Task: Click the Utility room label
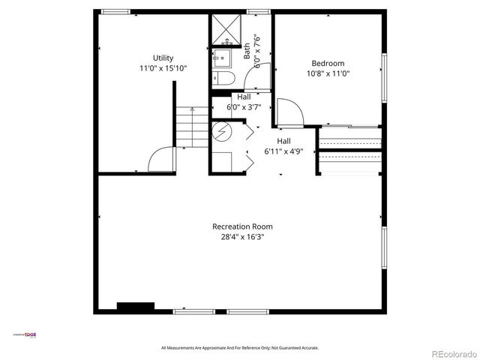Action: pos(163,58)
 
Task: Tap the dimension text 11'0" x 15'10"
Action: pos(163,68)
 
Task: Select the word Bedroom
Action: pos(328,63)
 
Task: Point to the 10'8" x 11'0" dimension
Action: pos(328,73)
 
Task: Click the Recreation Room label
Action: pos(242,226)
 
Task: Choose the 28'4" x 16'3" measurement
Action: pos(242,237)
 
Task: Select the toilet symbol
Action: pos(226,79)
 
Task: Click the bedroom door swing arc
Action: pos(291,113)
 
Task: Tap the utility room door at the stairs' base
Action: pos(161,159)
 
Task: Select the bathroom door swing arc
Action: pos(263,78)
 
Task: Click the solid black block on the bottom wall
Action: pos(135,307)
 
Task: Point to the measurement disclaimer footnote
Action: pos(240,348)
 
